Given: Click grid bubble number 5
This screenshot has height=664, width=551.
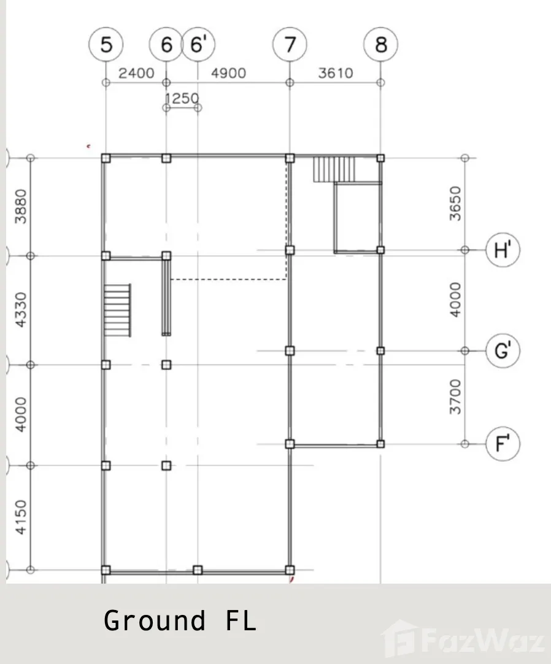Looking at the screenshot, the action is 106,44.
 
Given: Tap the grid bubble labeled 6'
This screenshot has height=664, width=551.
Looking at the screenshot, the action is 198,44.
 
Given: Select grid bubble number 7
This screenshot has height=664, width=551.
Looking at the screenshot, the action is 290,44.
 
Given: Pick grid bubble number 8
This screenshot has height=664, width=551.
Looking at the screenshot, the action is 381,44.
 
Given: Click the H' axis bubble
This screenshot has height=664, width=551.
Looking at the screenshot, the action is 503,250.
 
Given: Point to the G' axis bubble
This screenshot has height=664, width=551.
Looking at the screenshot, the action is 503,350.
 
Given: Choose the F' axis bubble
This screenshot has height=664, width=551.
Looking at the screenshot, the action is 503,444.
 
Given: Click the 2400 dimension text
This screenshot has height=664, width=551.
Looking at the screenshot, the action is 136,73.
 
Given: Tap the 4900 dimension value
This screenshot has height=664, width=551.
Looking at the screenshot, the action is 228,73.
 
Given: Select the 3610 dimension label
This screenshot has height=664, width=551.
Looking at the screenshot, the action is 336,73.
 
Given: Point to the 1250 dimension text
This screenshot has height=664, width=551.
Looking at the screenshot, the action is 182,98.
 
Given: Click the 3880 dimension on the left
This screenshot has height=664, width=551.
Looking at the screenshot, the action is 20,206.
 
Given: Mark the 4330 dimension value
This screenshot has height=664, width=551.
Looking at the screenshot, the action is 20,309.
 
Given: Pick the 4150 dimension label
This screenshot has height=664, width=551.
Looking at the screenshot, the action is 20,517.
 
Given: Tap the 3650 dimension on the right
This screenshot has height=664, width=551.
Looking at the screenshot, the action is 455,203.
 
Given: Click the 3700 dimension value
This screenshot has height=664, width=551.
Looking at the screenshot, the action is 455,397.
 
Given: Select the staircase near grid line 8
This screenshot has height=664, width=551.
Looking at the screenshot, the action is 334,169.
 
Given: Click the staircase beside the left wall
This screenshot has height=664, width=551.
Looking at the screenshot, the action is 117,310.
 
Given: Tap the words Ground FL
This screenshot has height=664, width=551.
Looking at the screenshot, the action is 180,621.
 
